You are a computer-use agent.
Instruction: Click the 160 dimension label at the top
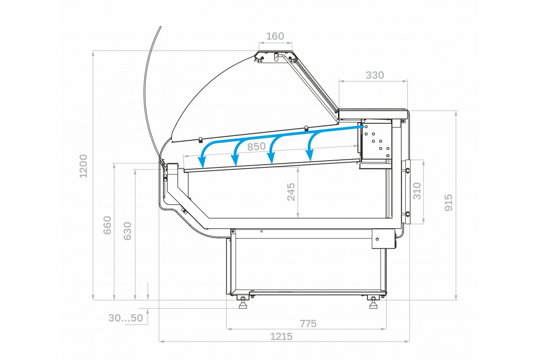click(275, 36)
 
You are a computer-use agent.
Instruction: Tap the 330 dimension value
click(374, 75)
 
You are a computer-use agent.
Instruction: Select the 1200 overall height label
click(83, 166)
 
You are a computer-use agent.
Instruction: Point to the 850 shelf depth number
click(256, 147)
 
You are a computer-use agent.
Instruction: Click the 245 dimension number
click(291, 192)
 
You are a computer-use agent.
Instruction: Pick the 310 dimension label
click(417, 191)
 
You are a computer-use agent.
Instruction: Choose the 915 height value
click(448, 203)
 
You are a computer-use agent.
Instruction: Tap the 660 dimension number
click(107, 225)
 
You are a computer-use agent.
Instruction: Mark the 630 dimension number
click(127, 231)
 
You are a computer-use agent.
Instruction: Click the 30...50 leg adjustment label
click(126, 318)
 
